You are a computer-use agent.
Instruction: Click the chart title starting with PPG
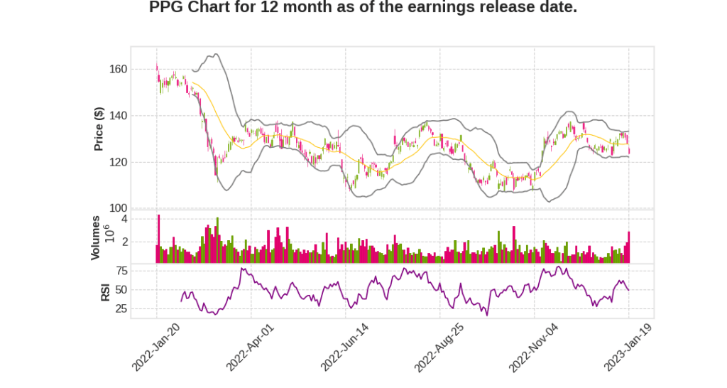tap(363, 8)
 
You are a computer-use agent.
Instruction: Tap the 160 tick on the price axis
tap(119, 70)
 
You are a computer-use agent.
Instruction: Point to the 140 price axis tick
tap(119, 116)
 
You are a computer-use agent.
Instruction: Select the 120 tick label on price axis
tap(119, 162)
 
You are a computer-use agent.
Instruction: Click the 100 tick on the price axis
tap(119, 208)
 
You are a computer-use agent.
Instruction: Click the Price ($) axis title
tap(99, 129)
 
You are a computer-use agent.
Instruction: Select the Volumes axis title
tap(95, 237)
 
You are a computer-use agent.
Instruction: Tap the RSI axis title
tap(105, 291)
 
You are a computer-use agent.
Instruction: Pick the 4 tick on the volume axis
tap(124, 219)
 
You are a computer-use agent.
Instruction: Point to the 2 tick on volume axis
tap(124, 242)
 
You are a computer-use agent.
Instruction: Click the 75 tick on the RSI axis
tap(121, 271)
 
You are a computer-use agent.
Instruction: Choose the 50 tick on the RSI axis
tap(121, 290)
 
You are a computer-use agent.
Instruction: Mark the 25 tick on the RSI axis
tap(121, 309)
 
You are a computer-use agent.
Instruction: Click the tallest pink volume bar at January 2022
tap(159, 239)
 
